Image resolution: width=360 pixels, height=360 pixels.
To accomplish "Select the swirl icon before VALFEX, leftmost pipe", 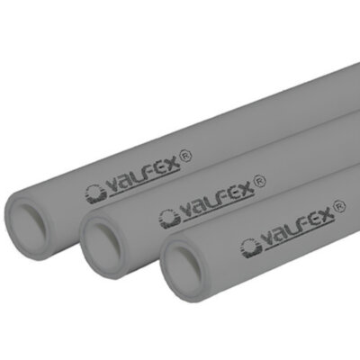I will pyautogui.click(x=94, y=193).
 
